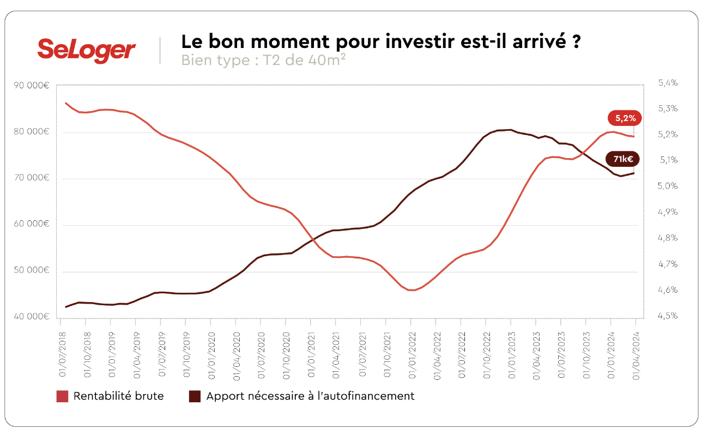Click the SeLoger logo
86,50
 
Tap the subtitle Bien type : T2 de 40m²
263,60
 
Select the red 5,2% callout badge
624,118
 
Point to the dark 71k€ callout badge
622,160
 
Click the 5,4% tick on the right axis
668,83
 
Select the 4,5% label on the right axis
668,316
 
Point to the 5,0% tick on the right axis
668,186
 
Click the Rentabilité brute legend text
118,396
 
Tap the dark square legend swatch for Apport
195,396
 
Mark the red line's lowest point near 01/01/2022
412,290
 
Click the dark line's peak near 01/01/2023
509,130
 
